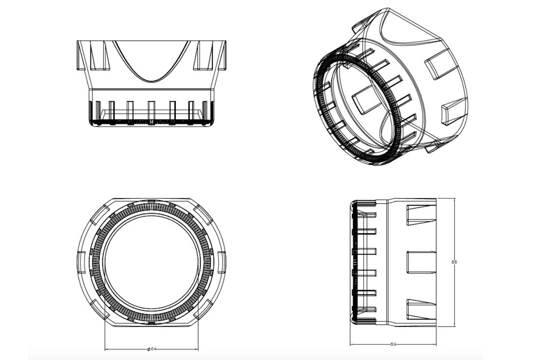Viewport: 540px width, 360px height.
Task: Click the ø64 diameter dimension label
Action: click(x=151, y=349)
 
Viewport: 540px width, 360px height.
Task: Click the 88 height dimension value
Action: click(x=454, y=262)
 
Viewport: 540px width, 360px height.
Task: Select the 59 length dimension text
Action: click(x=393, y=344)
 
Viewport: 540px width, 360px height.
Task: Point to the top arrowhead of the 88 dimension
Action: click(x=454, y=200)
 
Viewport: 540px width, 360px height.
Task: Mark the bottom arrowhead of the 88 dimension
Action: click(x=454, y=324)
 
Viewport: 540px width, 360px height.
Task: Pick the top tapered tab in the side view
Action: click(x=421, y=215)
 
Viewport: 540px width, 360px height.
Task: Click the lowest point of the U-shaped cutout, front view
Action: click(x=151, y=80)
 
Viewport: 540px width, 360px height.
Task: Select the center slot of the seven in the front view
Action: click(x=151, y=111)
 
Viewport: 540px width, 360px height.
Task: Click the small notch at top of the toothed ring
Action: click(x=151, y=200)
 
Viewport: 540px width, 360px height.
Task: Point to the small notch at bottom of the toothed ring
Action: click(x=151, y=323)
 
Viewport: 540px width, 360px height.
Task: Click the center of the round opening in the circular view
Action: click(x=151, y=262)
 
